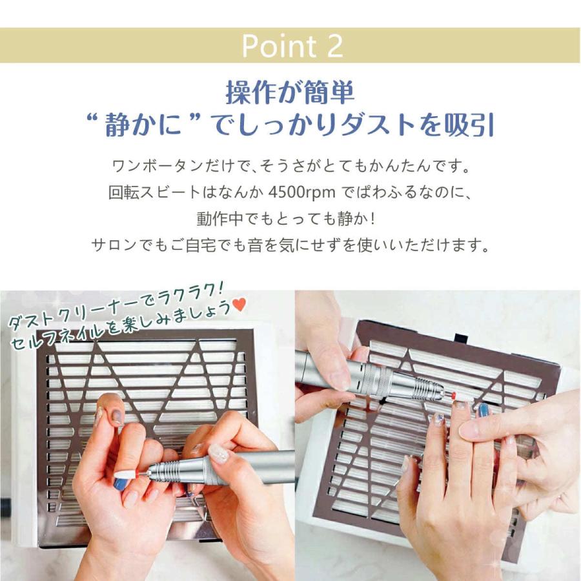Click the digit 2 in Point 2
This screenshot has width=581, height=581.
pos(334,46)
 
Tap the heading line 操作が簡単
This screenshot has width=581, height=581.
pos(290,92)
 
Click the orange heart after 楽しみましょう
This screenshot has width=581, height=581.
pos(240,307)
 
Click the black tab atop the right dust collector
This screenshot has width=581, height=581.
pos(460,338)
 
